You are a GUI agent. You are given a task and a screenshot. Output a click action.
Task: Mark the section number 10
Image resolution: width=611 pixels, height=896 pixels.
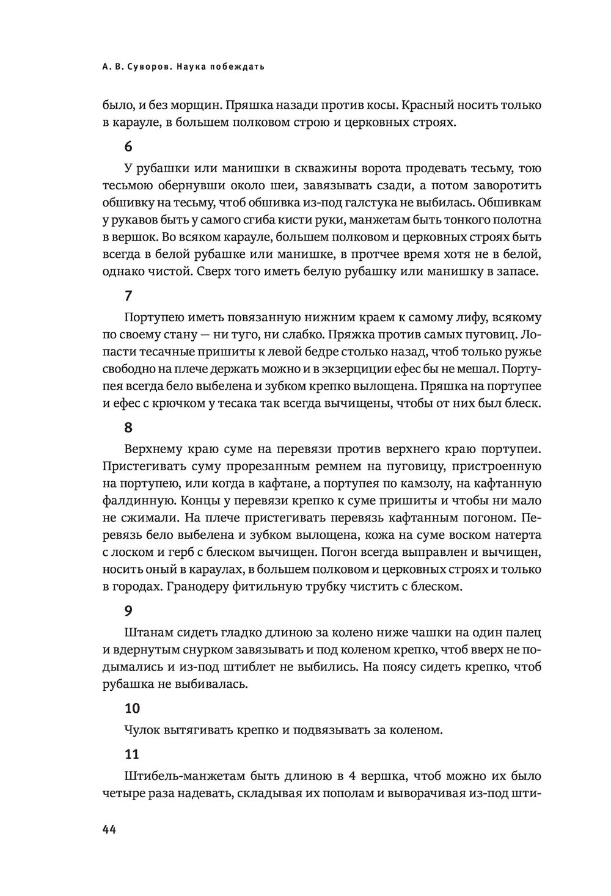131,708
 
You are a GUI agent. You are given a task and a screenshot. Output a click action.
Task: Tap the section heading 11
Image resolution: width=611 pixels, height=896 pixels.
131,754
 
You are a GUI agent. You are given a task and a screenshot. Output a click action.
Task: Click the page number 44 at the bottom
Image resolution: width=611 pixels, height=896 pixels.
110,829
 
